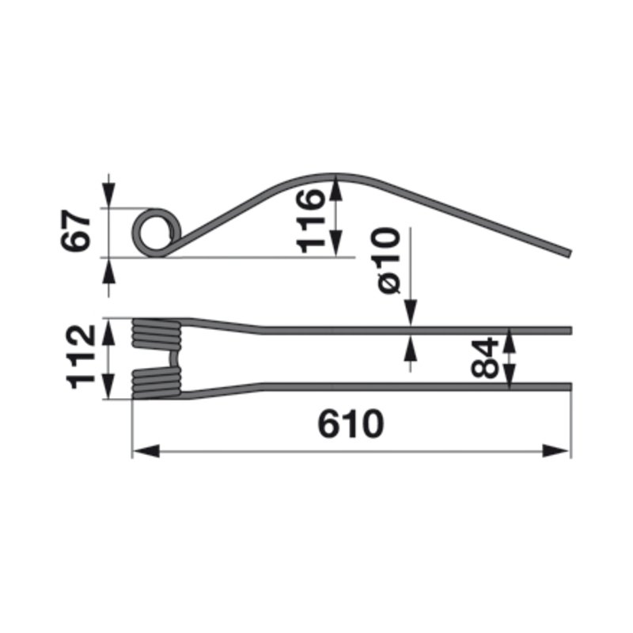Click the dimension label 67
pyautogui.click(x=75, y=230)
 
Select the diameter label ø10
pyautogui.click(x=389, y=260)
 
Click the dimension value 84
pyautogui.click(x=485, y=358)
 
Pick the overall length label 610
pyautogui.click(x=351, y=424)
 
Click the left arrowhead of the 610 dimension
pyautogui.click(x=146, y=451)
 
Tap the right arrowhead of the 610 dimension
pyautogui.click(x=555, y=451)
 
